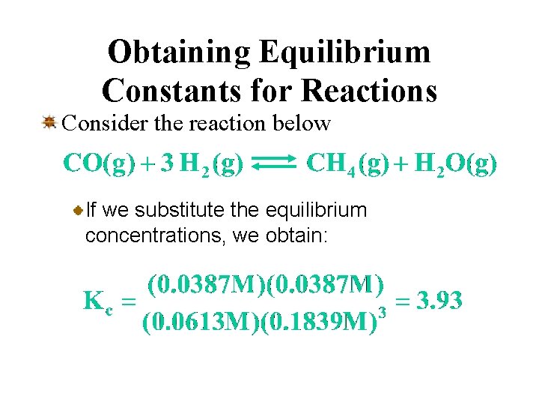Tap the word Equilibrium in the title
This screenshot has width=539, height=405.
(x=345, y=52)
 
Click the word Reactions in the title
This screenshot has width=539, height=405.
(x=369, y=90)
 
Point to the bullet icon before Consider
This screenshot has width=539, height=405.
(x=49, y=121)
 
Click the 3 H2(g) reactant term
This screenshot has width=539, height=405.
(x=202, y=164)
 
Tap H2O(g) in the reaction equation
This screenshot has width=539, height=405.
(x=455, y=164)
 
